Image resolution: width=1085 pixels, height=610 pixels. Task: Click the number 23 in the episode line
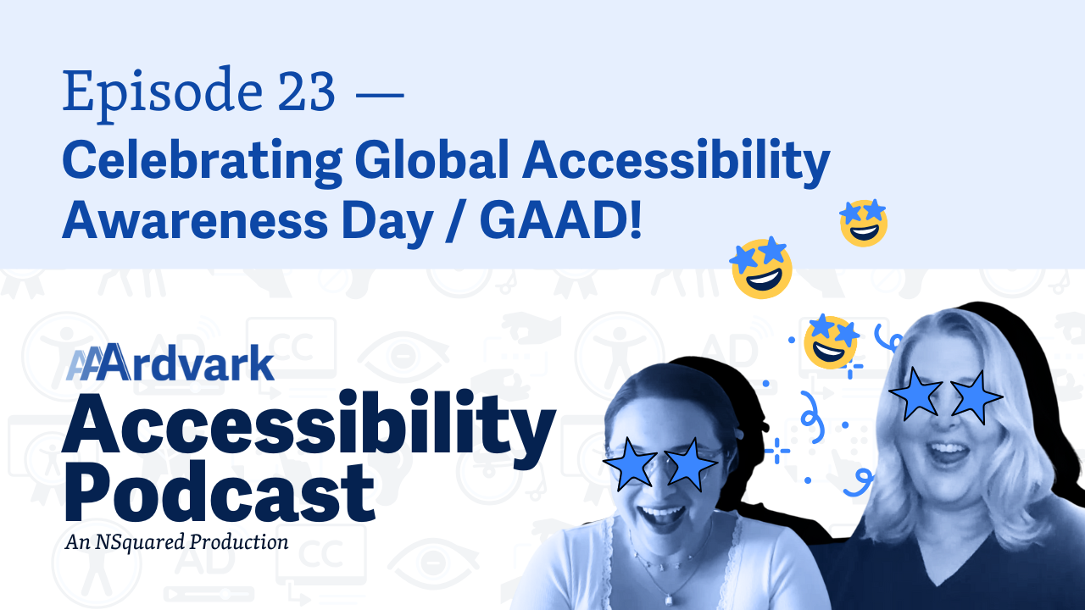click(x=307, y=91)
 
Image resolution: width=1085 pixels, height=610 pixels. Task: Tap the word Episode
click(x=163, y=95)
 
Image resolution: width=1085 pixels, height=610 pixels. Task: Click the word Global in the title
click(x=431, y=159)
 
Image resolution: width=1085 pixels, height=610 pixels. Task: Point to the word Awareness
click(x=195, y=220)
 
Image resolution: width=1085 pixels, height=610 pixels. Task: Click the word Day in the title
click(x=387, y=223)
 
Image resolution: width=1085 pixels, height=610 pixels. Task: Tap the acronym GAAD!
click(x=560, y=220)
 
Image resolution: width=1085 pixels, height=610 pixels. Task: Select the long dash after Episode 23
click(x=380, y=94)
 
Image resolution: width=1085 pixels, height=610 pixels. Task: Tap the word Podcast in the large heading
click(x=220, y=491)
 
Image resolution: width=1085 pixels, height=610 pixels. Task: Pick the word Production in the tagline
click(x=239, y=541)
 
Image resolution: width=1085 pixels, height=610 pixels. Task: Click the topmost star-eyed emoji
click(x=864, y=223)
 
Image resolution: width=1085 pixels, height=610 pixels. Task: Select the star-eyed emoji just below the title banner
click(x=761, y=267)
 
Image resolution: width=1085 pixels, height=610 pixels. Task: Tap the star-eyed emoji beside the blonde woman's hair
click(x=831, y=341)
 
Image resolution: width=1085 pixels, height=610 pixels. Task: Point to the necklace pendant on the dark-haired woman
click(x=669, y=600)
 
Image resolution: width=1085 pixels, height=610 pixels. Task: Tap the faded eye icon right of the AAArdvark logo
click(x=403, y=357)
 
